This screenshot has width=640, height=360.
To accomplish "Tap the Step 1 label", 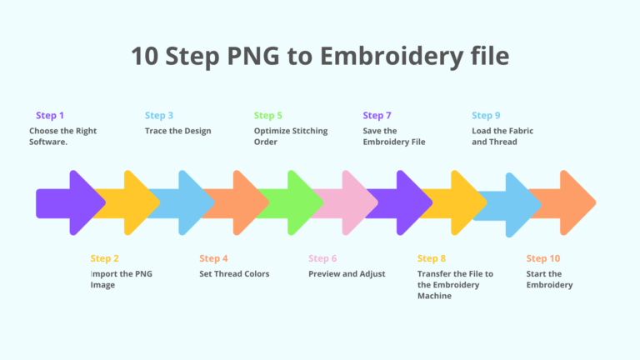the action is [x=50, y=116].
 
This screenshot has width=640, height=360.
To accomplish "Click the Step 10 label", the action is [x=542, y=258].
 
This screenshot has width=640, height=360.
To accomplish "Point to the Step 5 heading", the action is [x=267, y=116].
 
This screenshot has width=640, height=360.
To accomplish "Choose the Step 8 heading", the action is [x=432, y=258].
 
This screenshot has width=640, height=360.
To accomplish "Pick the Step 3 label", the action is [x=159, y=116].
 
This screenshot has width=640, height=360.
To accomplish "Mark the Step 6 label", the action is [x=322, y=258].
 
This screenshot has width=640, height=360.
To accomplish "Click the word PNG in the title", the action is [x=253, y=56].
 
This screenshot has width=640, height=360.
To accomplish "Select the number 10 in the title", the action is [x=144, y=56].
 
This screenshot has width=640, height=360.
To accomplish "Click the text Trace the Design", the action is [x=178, y=131].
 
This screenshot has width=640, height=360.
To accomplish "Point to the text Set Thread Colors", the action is [x=234, y=274].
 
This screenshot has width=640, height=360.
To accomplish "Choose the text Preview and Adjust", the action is [x=347, y=274].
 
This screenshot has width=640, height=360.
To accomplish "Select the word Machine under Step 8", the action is [x=434, y=296].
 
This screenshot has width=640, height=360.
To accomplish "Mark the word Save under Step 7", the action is [x=371, y=131].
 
